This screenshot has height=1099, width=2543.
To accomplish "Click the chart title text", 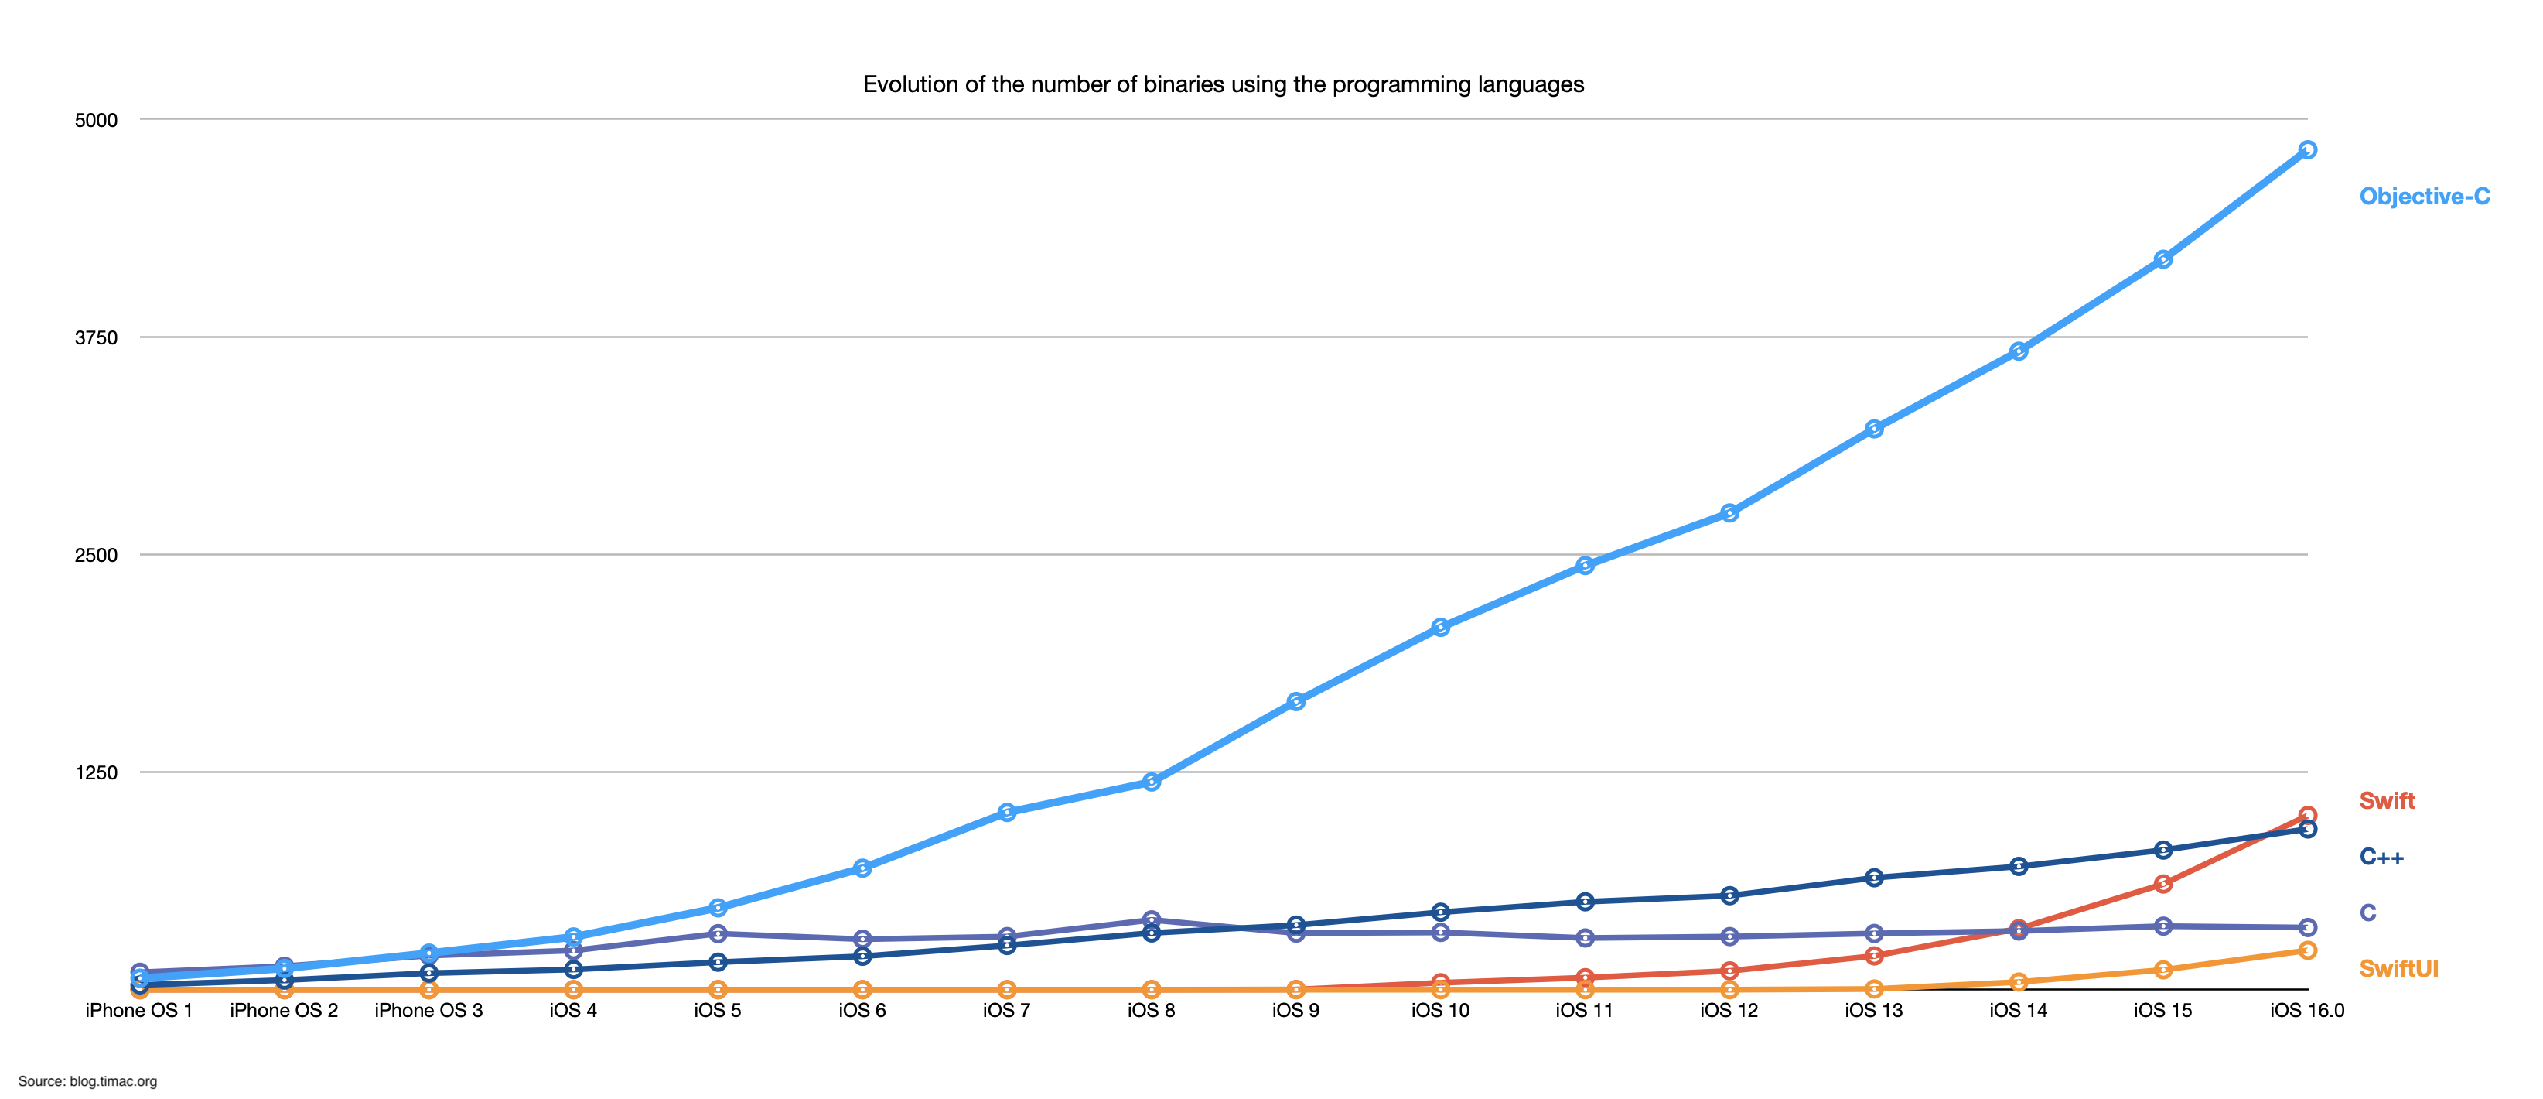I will click(x=1223, y=85).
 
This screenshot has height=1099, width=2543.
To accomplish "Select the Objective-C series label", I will click(x=2424, y=197).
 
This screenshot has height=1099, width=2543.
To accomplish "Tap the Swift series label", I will click(x=2386, y=801).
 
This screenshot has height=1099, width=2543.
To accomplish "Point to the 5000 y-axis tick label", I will click(x=96, y=121).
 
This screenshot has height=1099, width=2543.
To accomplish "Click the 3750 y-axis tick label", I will click(x=96, y=337).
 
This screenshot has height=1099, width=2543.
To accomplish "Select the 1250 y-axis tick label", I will click(x=96, y=772).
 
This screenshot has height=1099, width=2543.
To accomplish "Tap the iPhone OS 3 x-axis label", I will click(x=428, y=1010).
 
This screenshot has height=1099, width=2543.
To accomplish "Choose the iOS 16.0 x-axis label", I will click(x=2307, y=1010).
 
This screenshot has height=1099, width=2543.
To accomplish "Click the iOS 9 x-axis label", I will click(x=1295, y=1010).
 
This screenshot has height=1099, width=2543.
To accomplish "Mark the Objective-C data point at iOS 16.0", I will click(x=2307, y=150).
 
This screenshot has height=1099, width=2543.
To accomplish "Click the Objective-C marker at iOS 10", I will click(x=1440, y=627).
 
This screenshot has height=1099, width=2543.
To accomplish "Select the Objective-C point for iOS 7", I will click(x=1007, y=813).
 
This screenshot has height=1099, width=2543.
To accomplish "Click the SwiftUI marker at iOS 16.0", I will click(x=2307, y=950).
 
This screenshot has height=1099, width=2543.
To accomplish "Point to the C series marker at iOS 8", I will click(x=1151, y=919).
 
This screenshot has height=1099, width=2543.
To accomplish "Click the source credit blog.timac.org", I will click(x=88, y=1081).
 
